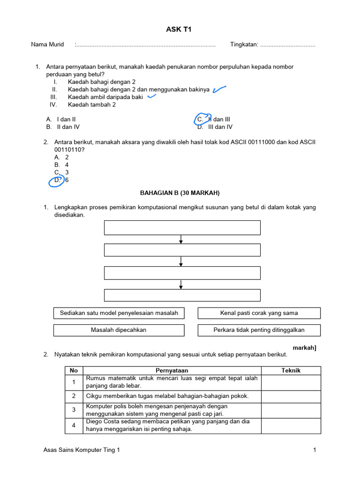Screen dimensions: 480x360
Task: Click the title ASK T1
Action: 179,30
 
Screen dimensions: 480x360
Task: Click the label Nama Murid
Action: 47,45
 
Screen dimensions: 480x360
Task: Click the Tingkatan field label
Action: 244,45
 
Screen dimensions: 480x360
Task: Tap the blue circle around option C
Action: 202,120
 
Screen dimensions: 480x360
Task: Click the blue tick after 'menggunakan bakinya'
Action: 219,89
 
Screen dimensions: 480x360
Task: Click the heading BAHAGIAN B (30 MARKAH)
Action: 180,193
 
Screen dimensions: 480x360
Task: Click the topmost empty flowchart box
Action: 182,227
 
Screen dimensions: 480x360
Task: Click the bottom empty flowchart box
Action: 182,295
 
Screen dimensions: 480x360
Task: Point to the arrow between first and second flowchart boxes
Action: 181,239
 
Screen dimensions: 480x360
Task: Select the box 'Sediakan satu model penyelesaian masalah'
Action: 119,313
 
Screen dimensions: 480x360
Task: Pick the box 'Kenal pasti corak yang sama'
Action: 259,313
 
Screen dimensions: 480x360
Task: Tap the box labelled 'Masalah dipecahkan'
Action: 119,330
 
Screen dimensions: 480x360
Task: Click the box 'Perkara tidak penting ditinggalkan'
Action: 259,330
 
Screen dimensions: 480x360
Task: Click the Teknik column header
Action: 291,370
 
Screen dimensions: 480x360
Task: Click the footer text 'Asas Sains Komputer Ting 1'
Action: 82,450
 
